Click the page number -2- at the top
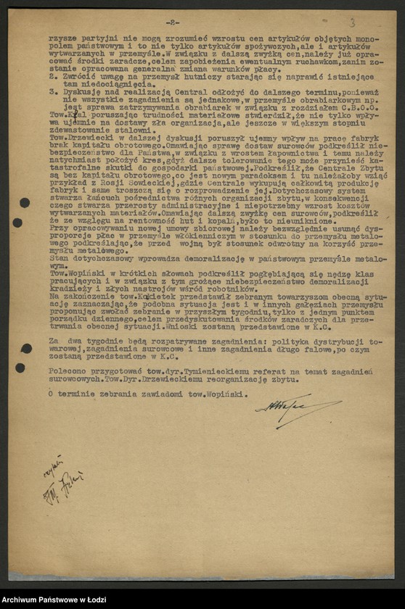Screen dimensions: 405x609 (173, 22)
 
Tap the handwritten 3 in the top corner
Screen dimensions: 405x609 (352, 23)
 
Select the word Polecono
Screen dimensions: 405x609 (67, 370)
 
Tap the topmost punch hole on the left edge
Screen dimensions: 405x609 (24, 202)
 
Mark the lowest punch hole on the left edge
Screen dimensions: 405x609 (20, 368)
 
